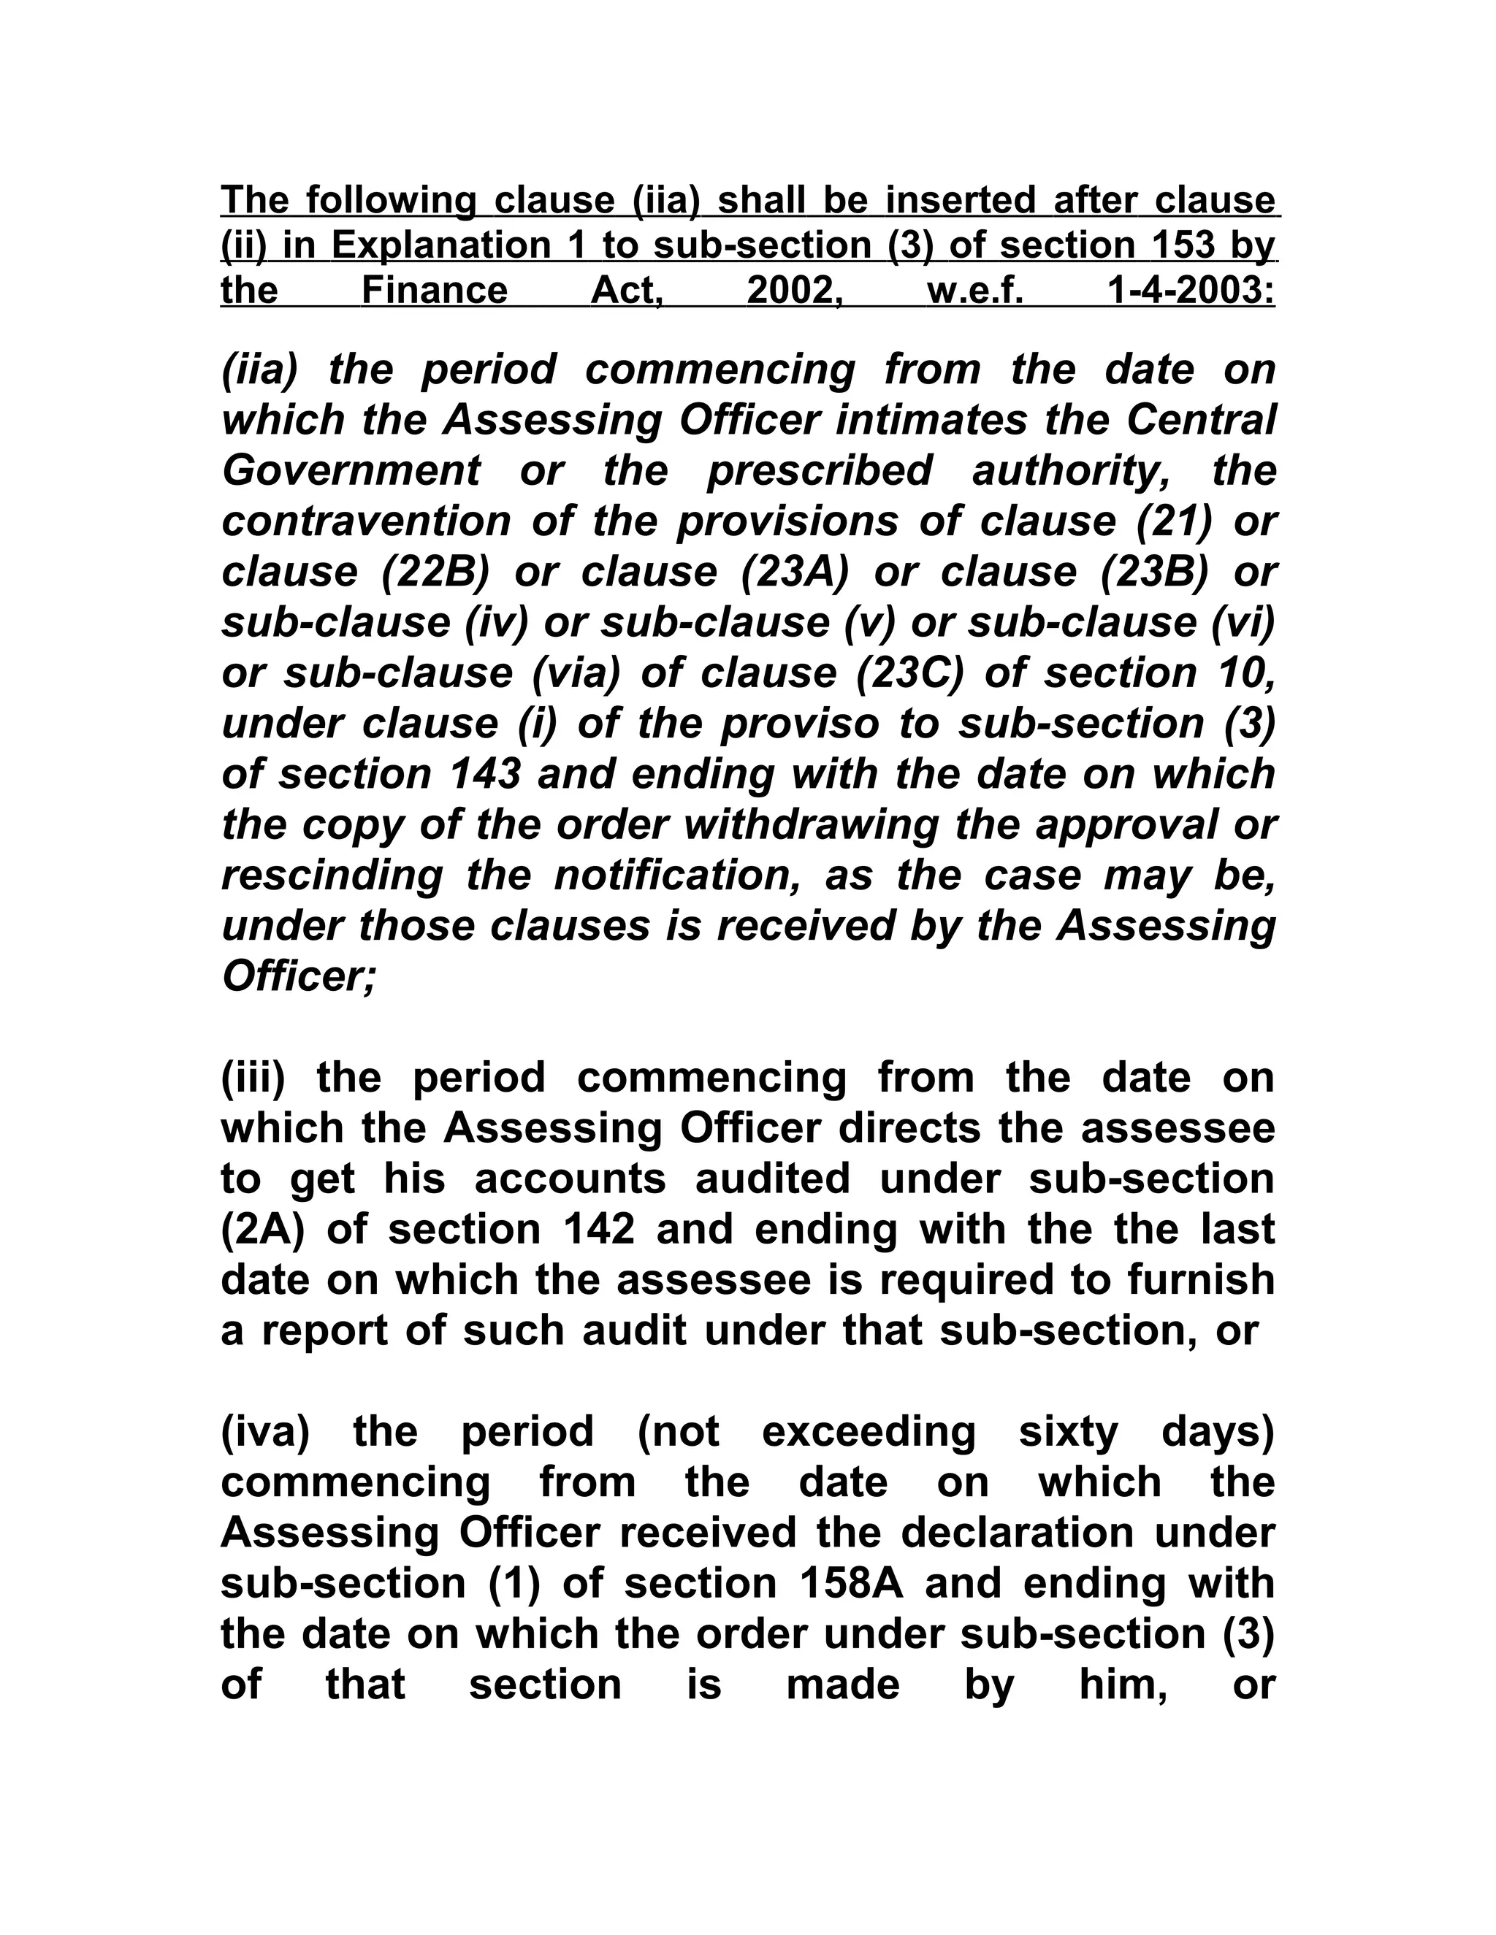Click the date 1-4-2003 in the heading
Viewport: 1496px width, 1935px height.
click(1192, 290)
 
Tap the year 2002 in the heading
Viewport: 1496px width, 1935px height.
click(794, 290)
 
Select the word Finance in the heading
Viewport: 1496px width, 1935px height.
click(435, 290)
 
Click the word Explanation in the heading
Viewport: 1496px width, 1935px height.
click(441, 245)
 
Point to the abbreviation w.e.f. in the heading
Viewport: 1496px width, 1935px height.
click(975, 290)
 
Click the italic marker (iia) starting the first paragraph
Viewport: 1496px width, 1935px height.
click(258, 369)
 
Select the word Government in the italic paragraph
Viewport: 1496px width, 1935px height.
click(351, 470)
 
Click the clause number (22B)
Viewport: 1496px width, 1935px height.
click(435, 572)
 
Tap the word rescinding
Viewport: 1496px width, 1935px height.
click(332, 875)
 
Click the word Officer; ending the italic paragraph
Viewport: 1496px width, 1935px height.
click(299, 976)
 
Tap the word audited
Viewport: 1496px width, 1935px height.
click(772, 1179)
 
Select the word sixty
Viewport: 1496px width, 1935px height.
click(1069, 1432)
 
